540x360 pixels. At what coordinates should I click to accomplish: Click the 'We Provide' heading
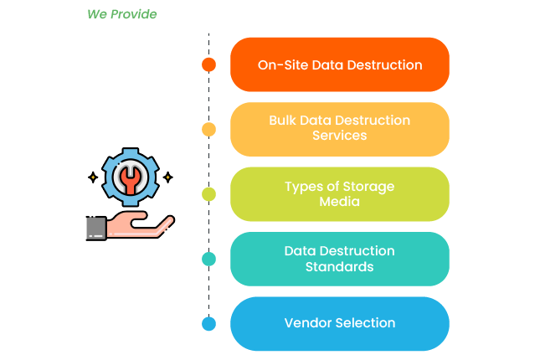point(121,14)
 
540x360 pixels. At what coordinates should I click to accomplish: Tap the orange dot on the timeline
point(209,64)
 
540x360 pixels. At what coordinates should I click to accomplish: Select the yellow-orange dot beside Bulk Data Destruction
point(209,129)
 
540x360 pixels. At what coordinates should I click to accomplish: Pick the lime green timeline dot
point(209,194)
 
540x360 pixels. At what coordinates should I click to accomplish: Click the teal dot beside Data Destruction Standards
point(209,259)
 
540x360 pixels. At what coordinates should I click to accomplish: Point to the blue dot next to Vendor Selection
point(209,323)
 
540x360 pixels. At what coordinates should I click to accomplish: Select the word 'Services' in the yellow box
point(339,136)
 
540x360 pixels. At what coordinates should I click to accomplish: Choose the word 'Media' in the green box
point(339,202)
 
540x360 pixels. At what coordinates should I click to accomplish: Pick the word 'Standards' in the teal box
point(339,267)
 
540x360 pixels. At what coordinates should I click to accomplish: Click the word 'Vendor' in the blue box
point(306,323)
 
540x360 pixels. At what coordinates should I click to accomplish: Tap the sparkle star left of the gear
point(92,177)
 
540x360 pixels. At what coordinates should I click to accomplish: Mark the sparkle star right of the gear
point(167,177)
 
